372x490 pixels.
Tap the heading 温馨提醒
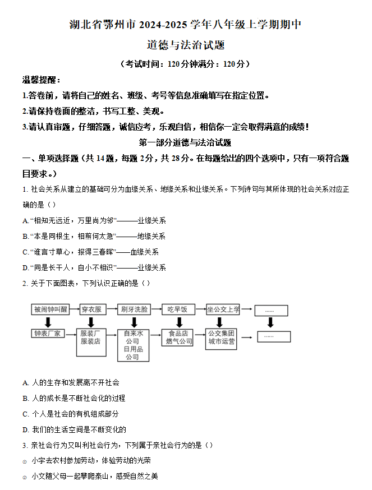click(x=42, y=80)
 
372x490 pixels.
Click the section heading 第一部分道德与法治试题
click(x=185, y=142)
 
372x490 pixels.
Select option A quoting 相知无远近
click(x=94, y=221)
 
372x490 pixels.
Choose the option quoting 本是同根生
click(x=94, y=237)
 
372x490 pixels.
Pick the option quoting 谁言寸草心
click(x=91, y=252)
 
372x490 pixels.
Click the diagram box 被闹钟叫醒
click(x=50, y=309)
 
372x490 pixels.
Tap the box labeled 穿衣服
click(x=91, y=309)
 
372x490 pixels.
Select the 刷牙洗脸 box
click(x=134, y=309)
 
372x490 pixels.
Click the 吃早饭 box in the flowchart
click(x=179, y=309)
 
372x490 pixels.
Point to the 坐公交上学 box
click(x=223, y=309)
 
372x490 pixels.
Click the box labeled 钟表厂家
click(x=48, y=334)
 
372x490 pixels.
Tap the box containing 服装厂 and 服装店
click(x=91, y=342)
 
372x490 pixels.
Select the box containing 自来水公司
click(x=132, y=345)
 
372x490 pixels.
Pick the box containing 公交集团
click(x=222, y=338)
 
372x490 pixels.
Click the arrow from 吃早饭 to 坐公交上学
click(x=200, y=309)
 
